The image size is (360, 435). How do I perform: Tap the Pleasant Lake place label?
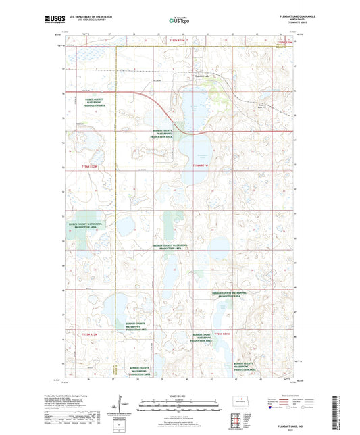[202, 76]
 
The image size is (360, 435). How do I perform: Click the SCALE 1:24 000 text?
[180, 394]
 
